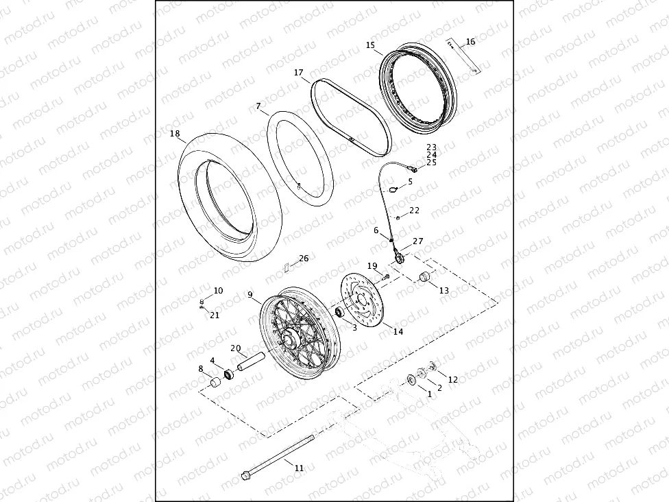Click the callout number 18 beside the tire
(175, 134)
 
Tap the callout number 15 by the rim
(370, 45)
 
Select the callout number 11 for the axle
(299, 468)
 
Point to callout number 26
(304, 259)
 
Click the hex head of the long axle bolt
(246, 475)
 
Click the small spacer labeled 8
(215, 381)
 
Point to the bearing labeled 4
(230, 374)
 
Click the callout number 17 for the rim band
(299, 72)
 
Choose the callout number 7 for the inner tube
(258, 106)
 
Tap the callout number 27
(417, 241)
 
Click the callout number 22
(415, 211)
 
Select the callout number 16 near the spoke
(470, 42)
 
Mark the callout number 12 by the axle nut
(452, 379)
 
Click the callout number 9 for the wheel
(251, 295)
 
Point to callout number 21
(215, 315)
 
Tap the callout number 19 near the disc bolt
(372, 265)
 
